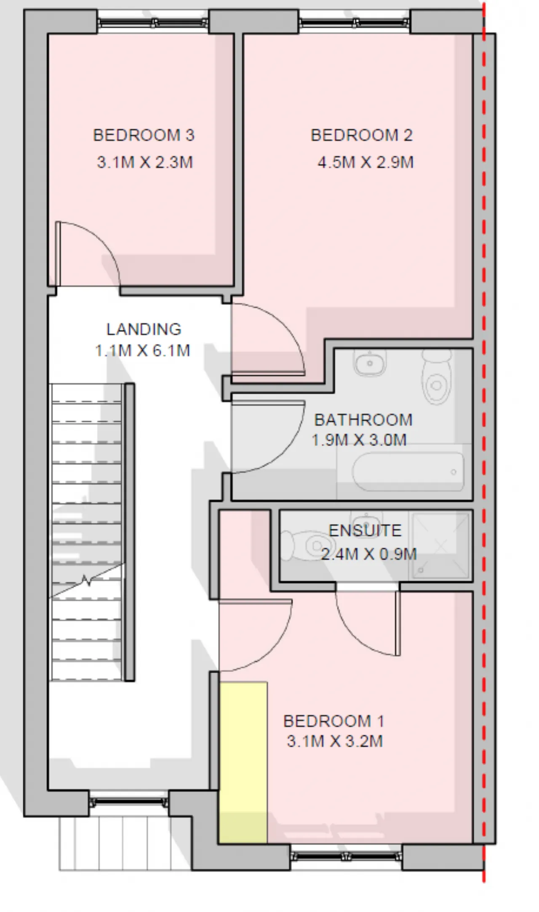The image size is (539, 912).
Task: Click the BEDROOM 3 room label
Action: (x=144, y=135)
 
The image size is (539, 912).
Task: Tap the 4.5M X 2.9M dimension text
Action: (x=366, y=162)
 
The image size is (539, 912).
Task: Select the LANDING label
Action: (x=144, y=329)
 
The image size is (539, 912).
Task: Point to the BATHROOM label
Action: (x=363, y=420)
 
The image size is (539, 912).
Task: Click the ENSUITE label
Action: (x=365, y=530)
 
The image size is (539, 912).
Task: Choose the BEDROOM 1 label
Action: (x=334, y=721)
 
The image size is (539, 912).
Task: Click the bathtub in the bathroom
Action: (x=408, y=472)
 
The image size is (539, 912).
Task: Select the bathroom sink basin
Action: (x=370, y=363)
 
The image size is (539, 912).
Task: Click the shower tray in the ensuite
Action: (x=440, y=546)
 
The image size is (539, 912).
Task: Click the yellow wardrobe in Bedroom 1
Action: (x=243, y=762)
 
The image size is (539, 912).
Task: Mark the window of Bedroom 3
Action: (x=153, y=22)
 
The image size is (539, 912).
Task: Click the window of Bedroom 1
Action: (x=346, y=856)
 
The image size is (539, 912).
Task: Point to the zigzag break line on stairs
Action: (x=88, y=581)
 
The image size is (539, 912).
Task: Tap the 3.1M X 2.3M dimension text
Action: (x=145, y=162)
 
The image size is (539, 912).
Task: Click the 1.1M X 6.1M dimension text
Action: (x=143, y=350)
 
